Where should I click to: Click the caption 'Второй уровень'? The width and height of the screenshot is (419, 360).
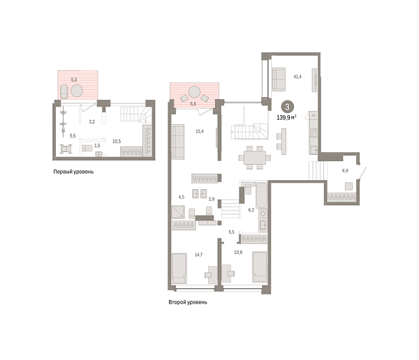[x=188, y=303]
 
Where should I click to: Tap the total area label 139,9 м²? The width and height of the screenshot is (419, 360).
[x=290, y=118]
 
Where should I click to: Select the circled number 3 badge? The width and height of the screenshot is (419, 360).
[x=288, y=107]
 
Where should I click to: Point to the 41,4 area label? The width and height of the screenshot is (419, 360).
[x=297, y=76]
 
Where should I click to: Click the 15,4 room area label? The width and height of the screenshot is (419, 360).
[x=199, y=131]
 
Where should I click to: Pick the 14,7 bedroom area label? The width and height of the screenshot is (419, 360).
[x=198, y=255]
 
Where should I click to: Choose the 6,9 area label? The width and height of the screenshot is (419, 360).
[x=345, y=170]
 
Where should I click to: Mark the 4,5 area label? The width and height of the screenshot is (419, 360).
[x=182, y=197]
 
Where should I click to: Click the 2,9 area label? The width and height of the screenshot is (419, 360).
[x=211, y=200]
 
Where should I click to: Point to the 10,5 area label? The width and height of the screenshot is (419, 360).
[x=117, y=141]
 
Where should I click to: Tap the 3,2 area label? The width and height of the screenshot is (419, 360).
[x=91, y=121]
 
